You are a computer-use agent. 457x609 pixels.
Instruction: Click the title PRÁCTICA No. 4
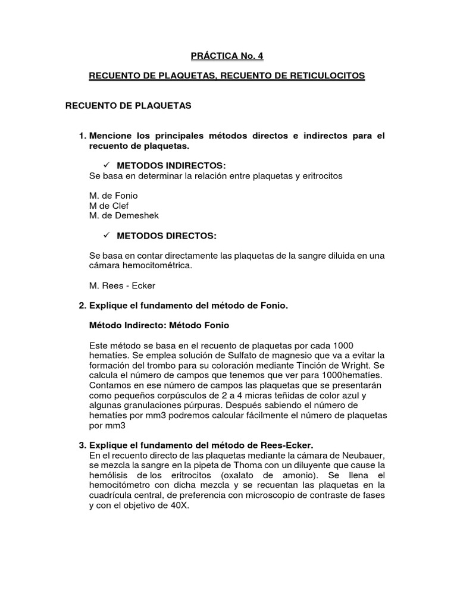point(226,56)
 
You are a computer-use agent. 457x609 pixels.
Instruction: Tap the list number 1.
point(82,136)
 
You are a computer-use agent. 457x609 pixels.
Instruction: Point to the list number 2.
point(82,306)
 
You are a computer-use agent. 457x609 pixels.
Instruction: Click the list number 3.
point(82,446)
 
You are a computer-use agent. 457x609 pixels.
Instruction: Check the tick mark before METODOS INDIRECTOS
point(108,165)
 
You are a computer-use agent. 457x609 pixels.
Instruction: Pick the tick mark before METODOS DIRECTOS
point(108,236)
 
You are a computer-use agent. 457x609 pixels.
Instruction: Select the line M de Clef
point(108,206)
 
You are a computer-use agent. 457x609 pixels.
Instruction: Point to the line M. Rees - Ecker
point(122,285)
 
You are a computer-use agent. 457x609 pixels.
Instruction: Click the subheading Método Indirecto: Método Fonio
point(158,325)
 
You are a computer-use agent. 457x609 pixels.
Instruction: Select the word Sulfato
point(208,356)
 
